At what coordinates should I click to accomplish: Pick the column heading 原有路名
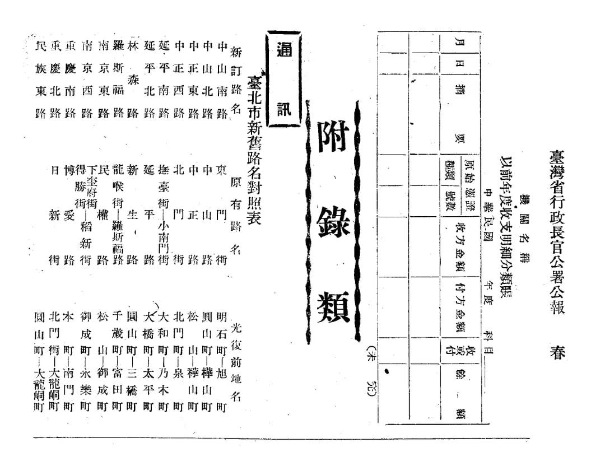236,221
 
